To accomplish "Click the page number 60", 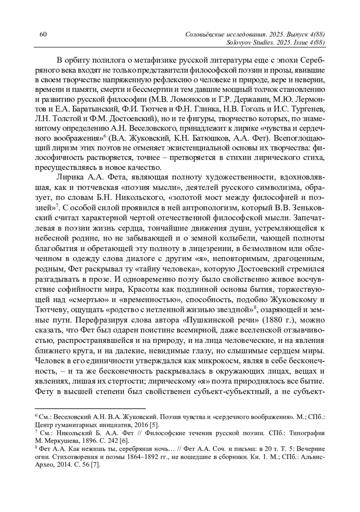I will click(x=43, y=34).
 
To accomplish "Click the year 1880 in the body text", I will click(x=272, y=320).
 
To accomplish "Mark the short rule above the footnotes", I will click(x=90, y=408).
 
